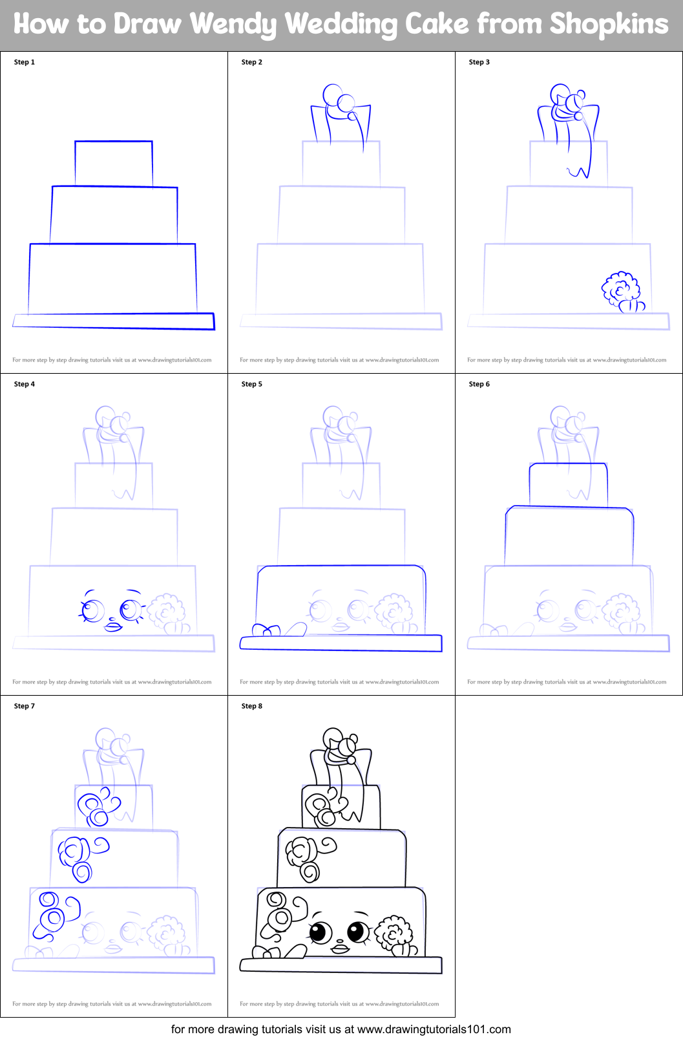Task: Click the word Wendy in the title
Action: [x=233, y=24]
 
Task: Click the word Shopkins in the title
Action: [x=609, y=24]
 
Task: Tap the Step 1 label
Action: [x=25, y=62]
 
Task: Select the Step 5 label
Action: [x=251, y=384]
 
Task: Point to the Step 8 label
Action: [x=251, y=706]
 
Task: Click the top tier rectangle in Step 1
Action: [x=114, y=164]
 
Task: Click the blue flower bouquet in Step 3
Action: [x=622, y=291]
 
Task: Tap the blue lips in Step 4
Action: [x=113, y=626]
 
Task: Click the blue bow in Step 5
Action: [x=266, y=630]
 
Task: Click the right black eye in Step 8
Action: [x=357, y=932]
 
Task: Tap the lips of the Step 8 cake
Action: [x=341, y=948]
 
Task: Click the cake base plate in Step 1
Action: [x=114, y=321]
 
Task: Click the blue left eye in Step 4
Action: [x=92, y=610]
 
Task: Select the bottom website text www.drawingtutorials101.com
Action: [x=434, y=1029]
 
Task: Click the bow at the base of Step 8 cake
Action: [x=266, y=952]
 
